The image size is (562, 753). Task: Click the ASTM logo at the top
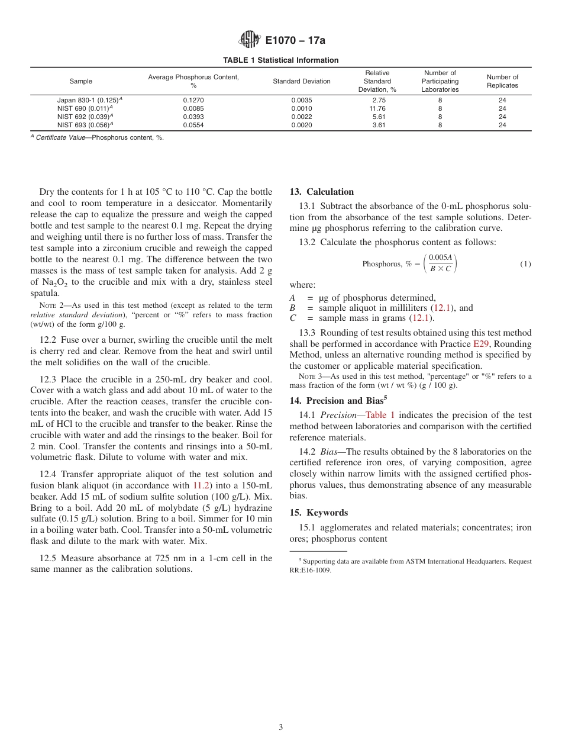coord(249,40)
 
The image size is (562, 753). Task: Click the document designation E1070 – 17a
coord(295,41)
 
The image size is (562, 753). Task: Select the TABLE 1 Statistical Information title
coord(280,60)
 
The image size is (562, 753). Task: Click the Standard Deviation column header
coord(302,81)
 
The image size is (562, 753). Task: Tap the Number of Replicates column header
coord(502,81)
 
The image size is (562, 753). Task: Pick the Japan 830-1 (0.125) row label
coord(89,100)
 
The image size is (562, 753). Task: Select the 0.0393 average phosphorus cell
coord(193,117)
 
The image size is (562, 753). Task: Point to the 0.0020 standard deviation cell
coord(302,125)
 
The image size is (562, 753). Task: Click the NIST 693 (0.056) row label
coord(85,125)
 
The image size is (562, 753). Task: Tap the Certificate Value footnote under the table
coord(97,138)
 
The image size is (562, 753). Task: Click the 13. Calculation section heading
coord(321,192)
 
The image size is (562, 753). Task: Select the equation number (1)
coord(525,264)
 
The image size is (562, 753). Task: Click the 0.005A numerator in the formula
coord(440,258)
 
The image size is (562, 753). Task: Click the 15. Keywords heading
coord(318,513)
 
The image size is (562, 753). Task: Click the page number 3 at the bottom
coord(281,728)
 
